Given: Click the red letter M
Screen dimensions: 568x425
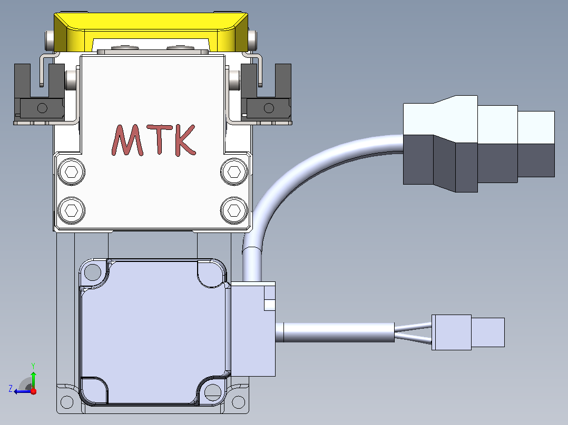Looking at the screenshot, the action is [x=126, y=140].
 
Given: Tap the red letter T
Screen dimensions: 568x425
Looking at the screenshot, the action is [x=160, y=139].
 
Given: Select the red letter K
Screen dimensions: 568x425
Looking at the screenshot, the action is [x=185, y=140].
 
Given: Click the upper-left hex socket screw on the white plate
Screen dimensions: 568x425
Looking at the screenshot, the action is [x=71, y=171].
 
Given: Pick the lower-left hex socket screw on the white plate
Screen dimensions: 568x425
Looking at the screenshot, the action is [x=71, y=210].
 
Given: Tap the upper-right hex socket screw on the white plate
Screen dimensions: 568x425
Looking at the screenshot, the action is [x=234, y=171].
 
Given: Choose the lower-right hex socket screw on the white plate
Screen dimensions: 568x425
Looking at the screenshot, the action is [x=234, y=210].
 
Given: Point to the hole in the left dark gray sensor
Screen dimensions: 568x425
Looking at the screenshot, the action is [x=42, y=108].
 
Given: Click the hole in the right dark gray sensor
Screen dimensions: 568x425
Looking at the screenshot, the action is [x=269, y=108].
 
